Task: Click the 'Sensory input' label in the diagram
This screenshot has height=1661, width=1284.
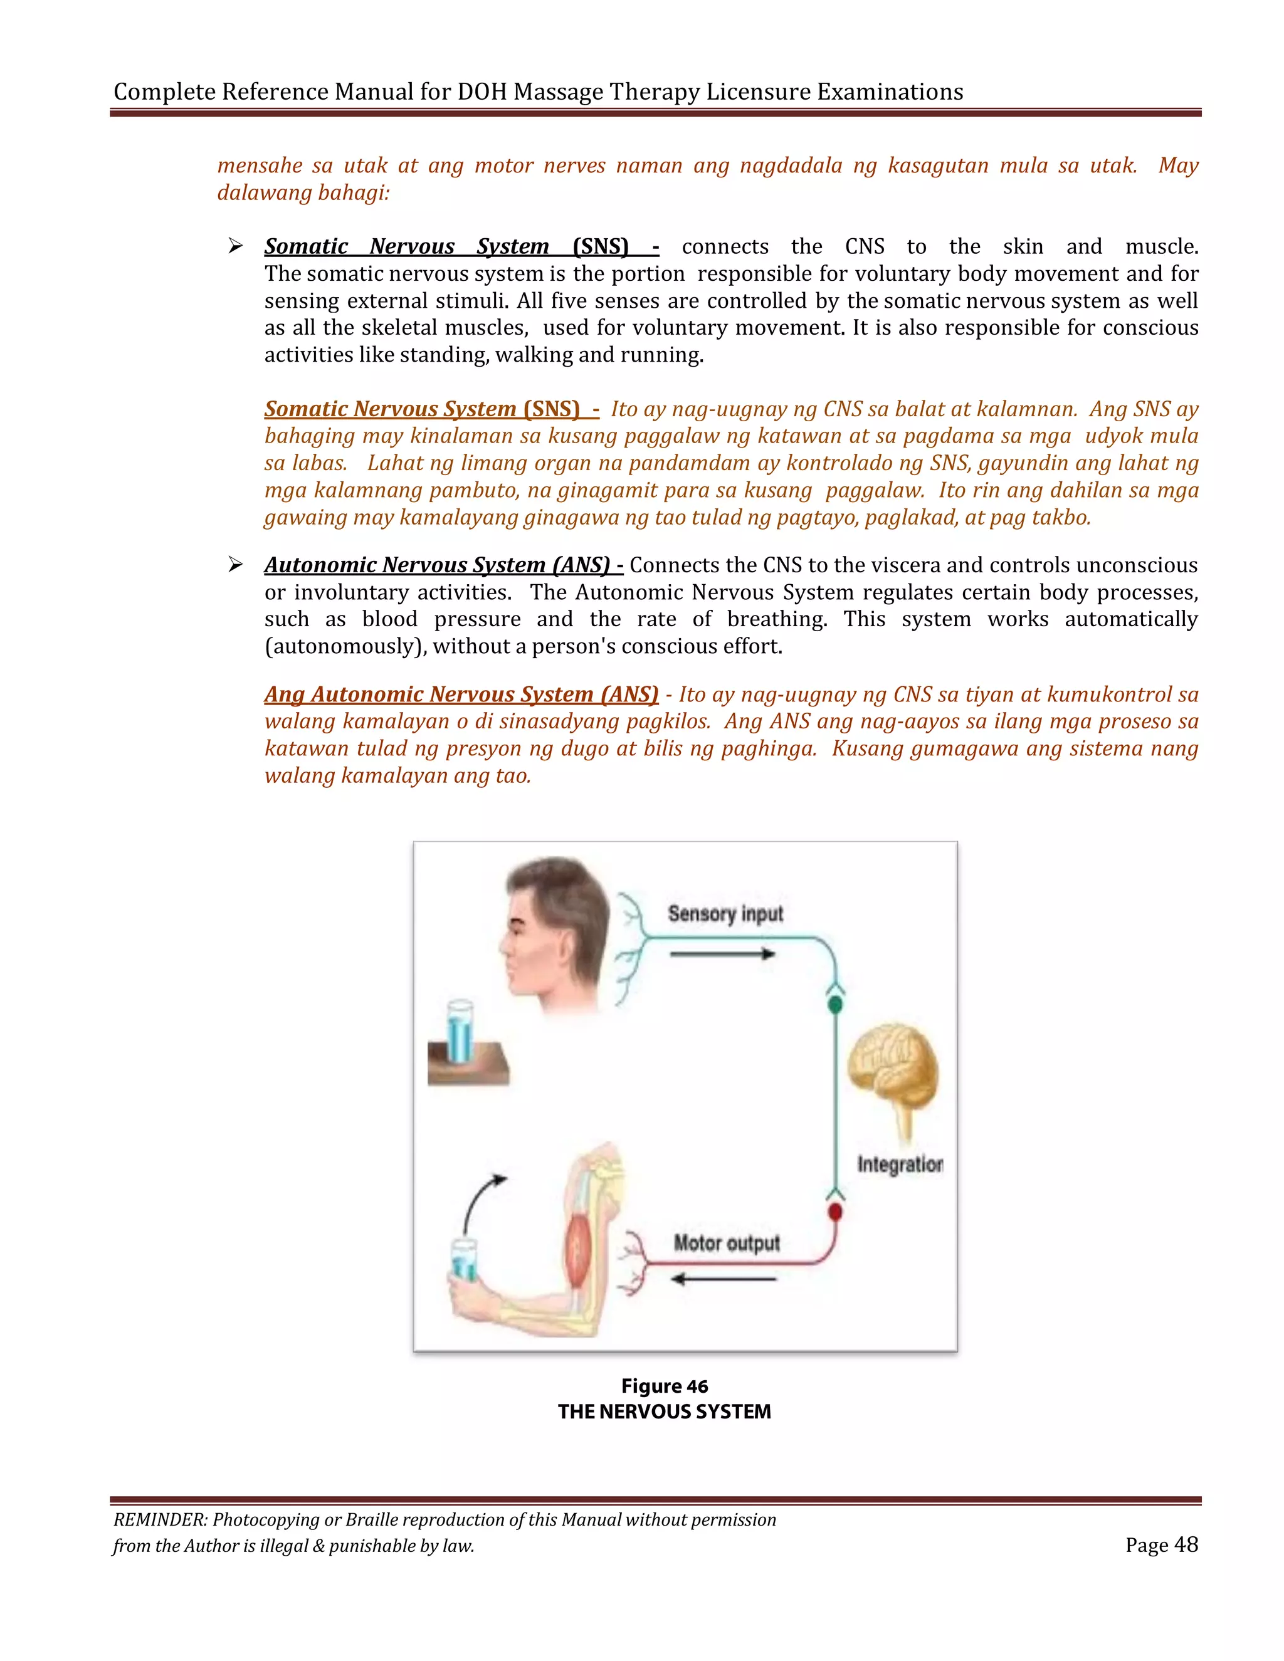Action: [x=725, y=913]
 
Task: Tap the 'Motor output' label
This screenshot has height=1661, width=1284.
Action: [x=727, y=1243]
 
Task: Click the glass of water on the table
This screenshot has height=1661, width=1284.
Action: [x=460, y=1032]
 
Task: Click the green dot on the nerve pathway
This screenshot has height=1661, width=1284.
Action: [x=835, y=1005]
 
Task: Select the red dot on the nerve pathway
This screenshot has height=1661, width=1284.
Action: [x=835, y=1212]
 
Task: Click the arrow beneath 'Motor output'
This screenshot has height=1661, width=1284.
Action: [x=723, y=1279]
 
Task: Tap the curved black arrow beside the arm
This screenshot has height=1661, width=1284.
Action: [x=481, y=1200]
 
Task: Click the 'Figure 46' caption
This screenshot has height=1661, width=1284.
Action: [x=664, y=1386]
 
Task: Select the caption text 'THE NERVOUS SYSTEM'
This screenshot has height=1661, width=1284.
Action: [x=664, y=1412]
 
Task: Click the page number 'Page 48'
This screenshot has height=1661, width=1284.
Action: [x=1162, y=1544]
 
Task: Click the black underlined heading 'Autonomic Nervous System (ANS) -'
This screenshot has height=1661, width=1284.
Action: [x=443, y=565]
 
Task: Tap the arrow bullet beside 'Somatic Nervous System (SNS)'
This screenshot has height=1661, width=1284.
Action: [x=235, y=246]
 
